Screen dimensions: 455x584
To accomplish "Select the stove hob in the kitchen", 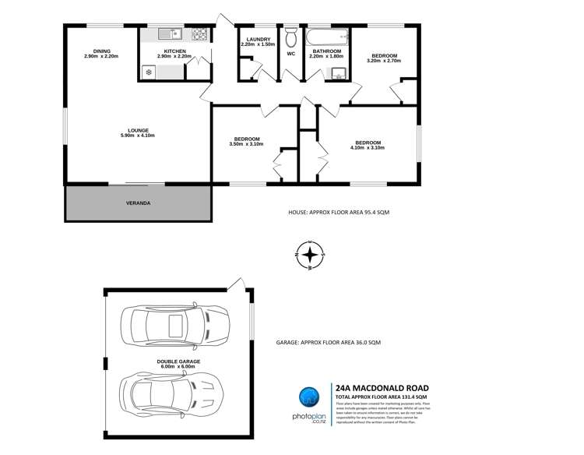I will tap(199, 34).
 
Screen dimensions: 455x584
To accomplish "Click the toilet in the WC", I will tap(291, 37).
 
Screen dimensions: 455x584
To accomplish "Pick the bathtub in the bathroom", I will tap(327, 36).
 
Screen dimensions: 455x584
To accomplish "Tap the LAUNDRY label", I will tap(258, 39).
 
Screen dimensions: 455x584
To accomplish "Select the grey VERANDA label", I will tap(139, 203).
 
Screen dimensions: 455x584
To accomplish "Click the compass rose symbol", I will tap(310, 255).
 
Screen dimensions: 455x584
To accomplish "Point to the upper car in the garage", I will tap(174, 322).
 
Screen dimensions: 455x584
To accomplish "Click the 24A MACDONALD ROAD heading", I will tap(381, 387).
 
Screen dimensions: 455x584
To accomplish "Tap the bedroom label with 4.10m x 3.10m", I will tap(368, 146).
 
